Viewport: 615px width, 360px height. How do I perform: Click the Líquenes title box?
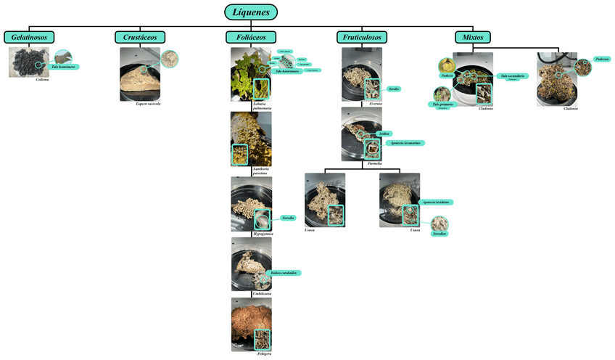pos(251,12)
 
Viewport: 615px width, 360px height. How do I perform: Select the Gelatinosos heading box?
pos(29,37)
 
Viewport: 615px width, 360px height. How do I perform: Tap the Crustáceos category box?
pos(141,37)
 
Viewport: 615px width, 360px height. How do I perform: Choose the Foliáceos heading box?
pos(251,37)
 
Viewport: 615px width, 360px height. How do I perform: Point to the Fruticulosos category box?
pos(362,37)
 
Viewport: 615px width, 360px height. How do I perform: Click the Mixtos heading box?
pos(473,37)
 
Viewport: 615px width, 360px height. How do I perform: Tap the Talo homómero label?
pos(64,67)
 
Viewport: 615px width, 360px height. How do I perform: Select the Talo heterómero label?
pos(288,71)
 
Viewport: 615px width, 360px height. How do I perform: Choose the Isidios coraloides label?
pos(284,273)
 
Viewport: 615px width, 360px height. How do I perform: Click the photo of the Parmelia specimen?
pos(360,134)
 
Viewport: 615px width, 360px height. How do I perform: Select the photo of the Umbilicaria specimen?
pos(251,264)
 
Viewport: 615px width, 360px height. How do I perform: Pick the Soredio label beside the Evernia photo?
pos(395,89)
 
